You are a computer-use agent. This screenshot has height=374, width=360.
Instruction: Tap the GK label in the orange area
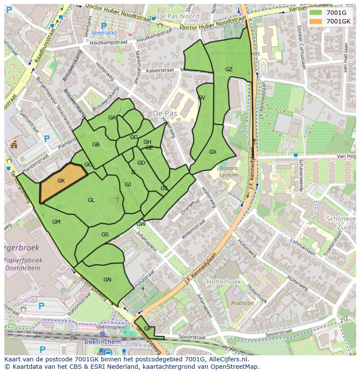coord(61,181)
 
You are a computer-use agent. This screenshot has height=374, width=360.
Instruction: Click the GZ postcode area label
coord(229,70)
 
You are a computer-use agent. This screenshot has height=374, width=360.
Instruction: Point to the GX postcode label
coord(213,152)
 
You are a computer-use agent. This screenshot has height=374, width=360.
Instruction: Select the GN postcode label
coord(107,280)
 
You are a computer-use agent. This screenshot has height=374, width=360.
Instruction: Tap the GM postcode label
coord(56,222)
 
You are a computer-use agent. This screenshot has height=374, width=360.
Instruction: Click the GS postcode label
coord(105,235)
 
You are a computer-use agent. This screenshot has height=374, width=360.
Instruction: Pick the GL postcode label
coord(91,200)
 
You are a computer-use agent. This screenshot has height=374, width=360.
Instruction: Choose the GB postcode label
coord(96,145)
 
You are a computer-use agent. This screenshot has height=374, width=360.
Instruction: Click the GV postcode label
coord(201,98)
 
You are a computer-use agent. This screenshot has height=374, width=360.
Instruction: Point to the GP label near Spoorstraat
coord(147,329)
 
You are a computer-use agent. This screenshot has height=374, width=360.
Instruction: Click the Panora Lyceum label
coord(229,172)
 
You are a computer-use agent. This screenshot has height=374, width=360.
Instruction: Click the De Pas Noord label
coord(178,16)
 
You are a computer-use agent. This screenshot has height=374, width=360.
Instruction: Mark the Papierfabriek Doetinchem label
coord(23,264)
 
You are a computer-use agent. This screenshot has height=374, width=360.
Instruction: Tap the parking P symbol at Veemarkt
coord(103,26)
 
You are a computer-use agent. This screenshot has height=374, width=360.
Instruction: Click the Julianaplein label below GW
coord(145,238)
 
